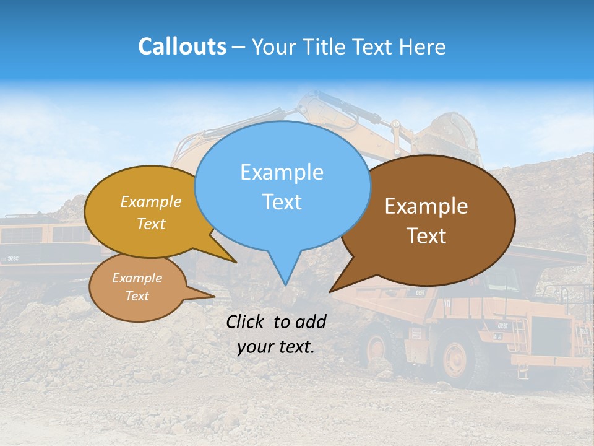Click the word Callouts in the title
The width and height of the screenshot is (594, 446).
point(182,46)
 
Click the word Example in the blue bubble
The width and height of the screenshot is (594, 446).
point(282,172)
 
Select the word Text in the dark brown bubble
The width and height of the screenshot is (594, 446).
point(426,236)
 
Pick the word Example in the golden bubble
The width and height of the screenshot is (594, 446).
point(151,202)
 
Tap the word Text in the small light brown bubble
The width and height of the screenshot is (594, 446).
point(137,296)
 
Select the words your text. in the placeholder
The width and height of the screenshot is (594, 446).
point(276,347)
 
